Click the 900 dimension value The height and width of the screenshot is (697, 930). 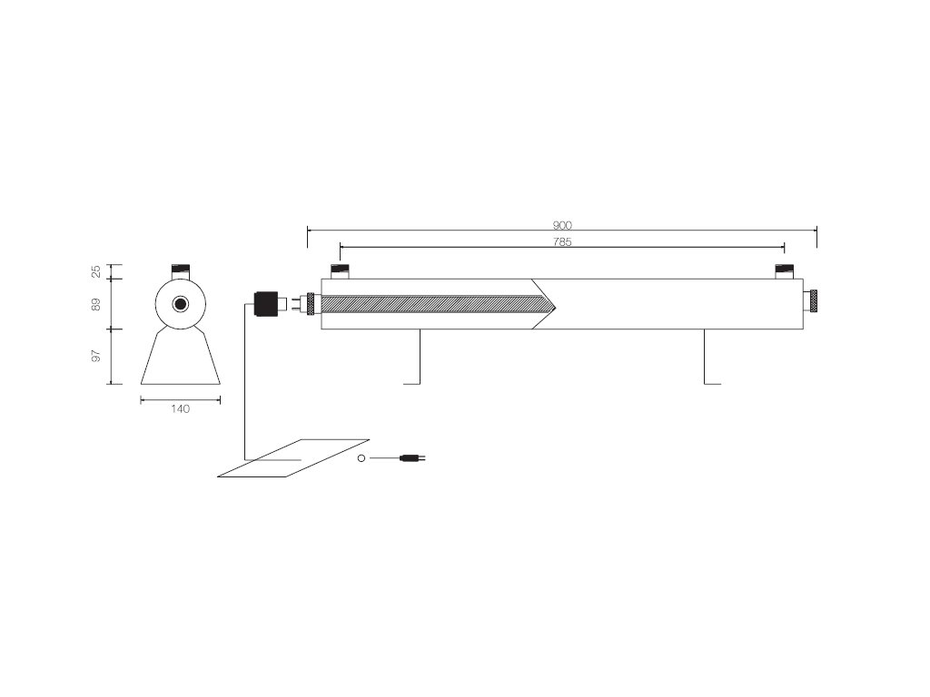pyautogui.click(x=562, y=225)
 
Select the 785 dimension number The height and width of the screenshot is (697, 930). pyautogui.click(x=562, y=242)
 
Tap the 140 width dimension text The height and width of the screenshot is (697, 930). pyautogui.click(x=180, y=409)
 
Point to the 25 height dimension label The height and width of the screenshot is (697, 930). pyautogui.click(x=96, y=271)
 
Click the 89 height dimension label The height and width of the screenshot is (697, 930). pyautogui.click(x=96, y=305)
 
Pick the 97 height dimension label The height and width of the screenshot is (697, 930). pyautogui.click(x=96, y=356)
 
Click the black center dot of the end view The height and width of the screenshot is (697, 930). pyautogui.click(x=180, y=304)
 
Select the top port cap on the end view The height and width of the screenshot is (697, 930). pyautogui.click(x=180, y=270)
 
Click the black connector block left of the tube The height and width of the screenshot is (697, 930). pyautogui.click(x=265, y=303)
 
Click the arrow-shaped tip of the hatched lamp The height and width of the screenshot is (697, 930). pyautogui.click(x=545, y=304)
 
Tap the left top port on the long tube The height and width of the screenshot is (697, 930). pyautogui.click(x=340, y=271)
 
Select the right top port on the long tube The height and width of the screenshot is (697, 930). pyautogui.click(x=785, y=271)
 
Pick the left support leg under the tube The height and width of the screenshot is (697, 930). pyautogui.click(x=418, y=358)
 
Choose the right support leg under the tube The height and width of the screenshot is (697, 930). pyautogui.click(x=706, y=358)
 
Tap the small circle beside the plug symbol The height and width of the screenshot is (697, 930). pyautogui.click(x=361, y=458)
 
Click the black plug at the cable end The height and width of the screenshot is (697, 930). pyautogui.click(x=411, y=458)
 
